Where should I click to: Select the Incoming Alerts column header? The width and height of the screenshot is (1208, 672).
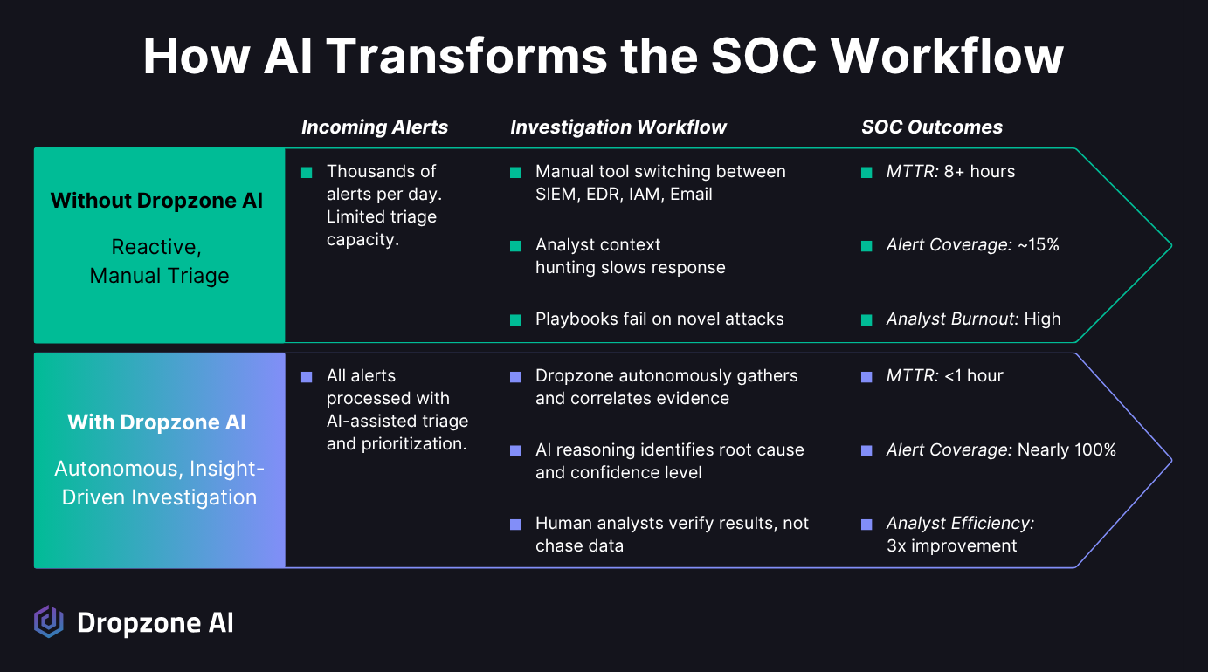(x=374, y=127)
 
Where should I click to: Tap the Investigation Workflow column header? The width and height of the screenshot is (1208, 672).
(x=618, y=127)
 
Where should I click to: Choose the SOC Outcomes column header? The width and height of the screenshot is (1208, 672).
(x=931, y=127)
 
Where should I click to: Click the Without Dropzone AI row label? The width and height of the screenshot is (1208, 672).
(x=156, y=201)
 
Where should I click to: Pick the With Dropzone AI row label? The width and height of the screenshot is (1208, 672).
(x=156, y=422)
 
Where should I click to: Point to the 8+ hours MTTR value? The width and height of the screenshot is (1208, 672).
(x=979, y=172)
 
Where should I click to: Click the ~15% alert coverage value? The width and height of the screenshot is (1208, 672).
(x=1039, y=245)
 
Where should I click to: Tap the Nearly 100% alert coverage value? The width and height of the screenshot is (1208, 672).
(x=1066, y=450)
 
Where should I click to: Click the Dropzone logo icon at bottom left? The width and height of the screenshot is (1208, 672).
(x=49, y=621)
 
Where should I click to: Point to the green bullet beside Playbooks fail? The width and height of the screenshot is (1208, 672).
(x=515, y=320)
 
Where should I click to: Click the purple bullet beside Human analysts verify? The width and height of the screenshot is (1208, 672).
(x=515, y=525)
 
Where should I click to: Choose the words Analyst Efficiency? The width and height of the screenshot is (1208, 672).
(x=960, y=524)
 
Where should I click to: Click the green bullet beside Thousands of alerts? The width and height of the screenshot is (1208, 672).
(x=307, y=173)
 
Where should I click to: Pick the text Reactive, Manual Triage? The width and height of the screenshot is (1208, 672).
(x=159, y=262)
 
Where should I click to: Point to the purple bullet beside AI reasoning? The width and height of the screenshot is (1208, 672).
(x=515, y=450)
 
